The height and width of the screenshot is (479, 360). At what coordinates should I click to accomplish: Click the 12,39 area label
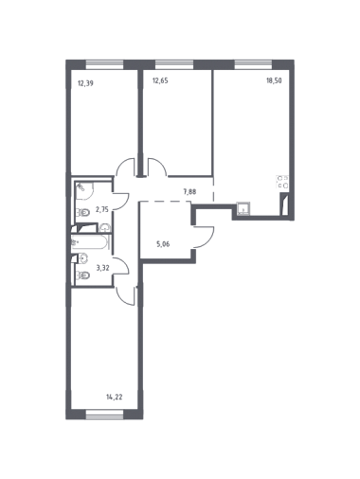point(85,83)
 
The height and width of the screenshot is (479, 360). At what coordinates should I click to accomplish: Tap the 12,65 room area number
point(160,80)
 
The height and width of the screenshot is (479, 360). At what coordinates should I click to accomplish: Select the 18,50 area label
point(274,80)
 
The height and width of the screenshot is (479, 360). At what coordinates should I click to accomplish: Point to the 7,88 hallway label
point(189,191)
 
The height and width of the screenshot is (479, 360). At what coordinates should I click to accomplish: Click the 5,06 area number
point(163,244)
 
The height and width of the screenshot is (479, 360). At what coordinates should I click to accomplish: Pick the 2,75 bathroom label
point(102,209)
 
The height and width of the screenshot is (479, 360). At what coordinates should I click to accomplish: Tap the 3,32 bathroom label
point(102,268)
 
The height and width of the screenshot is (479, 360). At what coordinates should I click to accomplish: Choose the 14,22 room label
point(115,397)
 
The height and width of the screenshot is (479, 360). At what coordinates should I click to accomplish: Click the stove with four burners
point(282,182)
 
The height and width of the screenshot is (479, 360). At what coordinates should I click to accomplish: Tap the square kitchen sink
point(243,209)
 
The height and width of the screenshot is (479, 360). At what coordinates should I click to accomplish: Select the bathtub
point(90,242)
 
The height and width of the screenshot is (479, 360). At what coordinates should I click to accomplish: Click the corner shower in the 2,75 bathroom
point(84,191)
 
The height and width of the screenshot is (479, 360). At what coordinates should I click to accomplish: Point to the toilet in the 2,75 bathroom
point(83,213)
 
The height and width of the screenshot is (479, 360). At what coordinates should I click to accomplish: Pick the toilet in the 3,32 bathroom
point(83,275)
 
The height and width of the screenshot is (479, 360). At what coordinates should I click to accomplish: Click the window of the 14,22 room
point(104,415)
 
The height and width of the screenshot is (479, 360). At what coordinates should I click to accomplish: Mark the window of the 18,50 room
point(253,64)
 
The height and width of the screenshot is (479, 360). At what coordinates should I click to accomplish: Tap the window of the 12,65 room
point(174,64)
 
